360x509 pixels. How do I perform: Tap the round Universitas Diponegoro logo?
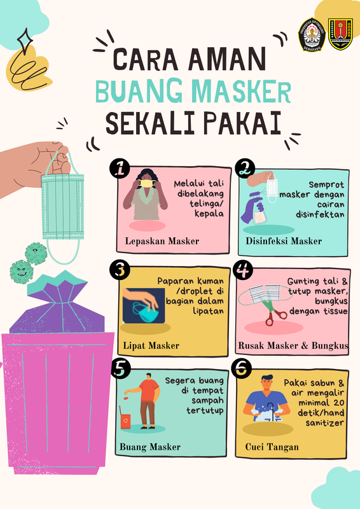pyautogui.click(x=312, y=34)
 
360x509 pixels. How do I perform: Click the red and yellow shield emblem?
pyautogui.click(x=340, y=34)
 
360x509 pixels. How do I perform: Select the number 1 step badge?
pyautogui.click(x=120, y=169)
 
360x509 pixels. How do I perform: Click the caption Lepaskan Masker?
pyautogui.click(x=162, y=241)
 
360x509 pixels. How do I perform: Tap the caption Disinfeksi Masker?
pyautogui.click(x=284, y=241)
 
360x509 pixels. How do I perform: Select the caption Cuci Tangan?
pyautogui.click(x=272, y=447)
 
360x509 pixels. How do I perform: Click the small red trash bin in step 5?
pyautogui.click(x=125, y=421)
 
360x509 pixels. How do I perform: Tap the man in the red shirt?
pyautogui.click(x=145, y=401)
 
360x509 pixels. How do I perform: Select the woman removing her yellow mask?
pyautogui.click(x=145, y=194)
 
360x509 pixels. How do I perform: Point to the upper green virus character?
pyautogui.click(x=36, y=253)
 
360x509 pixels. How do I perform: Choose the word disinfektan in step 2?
pyautogui.click(x=320, y=214)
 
